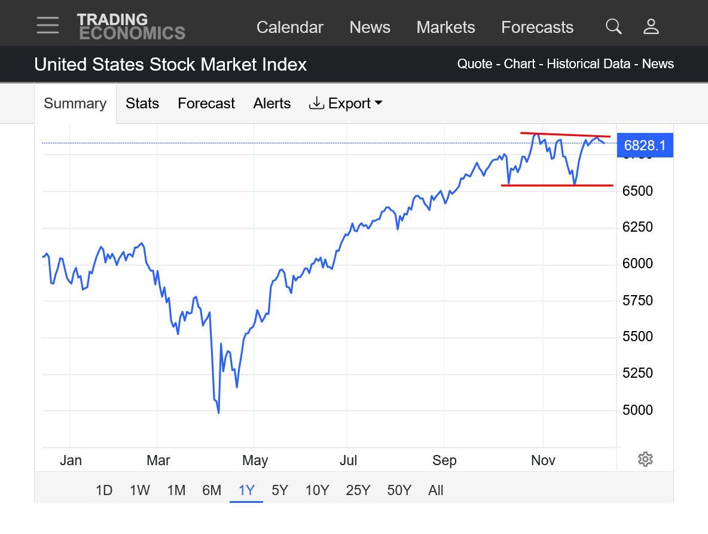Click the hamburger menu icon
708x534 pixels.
(47, 26)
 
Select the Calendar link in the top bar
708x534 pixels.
(289, 28)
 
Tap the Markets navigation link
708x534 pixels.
(445, 28)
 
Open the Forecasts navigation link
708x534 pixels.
(537, 28)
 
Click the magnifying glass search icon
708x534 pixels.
(614, 26)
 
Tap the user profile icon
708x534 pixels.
(651, 26)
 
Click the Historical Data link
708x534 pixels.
(588, 64)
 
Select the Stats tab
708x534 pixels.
(142, 104)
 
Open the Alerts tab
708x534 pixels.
(272, 104)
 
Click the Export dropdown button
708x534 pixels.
(346, 104)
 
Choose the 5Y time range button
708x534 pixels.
(280, 490)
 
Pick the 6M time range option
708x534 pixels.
(212, 490)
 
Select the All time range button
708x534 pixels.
(436, 490)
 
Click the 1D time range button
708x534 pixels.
(104, 490)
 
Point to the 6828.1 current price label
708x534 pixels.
(645, 145)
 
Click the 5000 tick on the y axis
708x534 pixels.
(637, 410)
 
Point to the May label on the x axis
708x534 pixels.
(255, 460)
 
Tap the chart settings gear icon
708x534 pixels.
(645, 459)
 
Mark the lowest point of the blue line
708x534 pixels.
(218, 412)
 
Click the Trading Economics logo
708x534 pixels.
(131, 26)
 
